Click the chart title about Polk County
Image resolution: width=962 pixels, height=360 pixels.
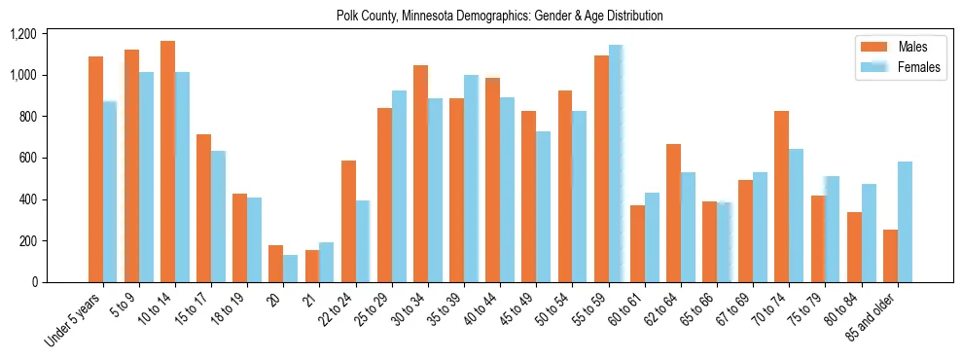point(499,16)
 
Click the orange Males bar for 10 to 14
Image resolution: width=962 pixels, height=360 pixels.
point(168,162)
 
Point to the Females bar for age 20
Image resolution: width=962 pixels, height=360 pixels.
point(291,269)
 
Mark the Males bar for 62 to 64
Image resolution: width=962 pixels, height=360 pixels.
point(673,213)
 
